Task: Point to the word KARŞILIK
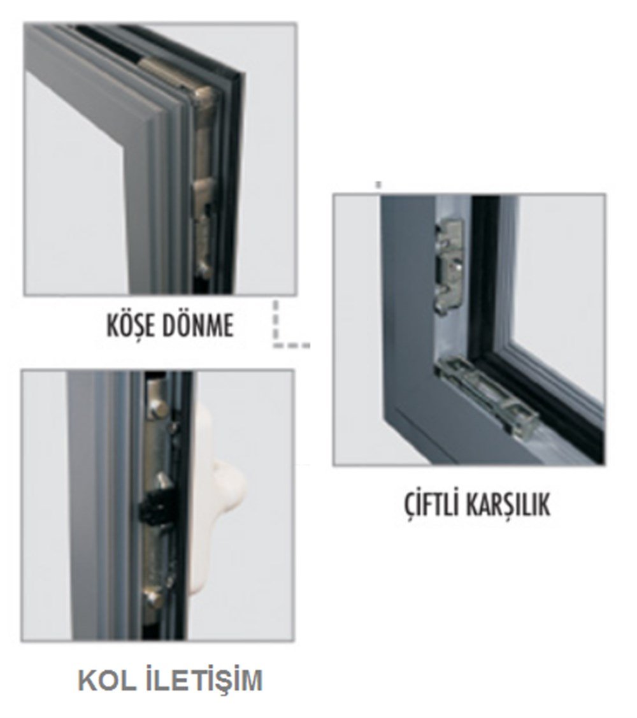[508, 506]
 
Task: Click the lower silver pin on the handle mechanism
[151, 597]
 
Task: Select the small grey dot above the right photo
[378, 185]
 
